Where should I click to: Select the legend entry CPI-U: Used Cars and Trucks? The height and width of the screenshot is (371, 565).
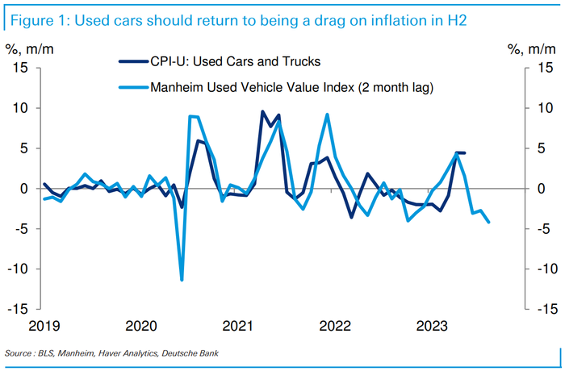pyautogui.click(x=226, y=59)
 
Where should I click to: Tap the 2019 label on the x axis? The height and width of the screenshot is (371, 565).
pyautogui.click(x=46, y=326)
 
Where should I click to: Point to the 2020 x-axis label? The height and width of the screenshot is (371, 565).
pyautogui.click(x=142, y=326)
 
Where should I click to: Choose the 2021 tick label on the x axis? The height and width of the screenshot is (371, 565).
pyautogui.click(x=239, y=326)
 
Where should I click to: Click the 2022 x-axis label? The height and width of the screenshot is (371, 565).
pyautogui.click(x=335, y=326)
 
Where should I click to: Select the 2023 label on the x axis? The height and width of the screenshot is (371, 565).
pyautogui.click(x=432, y=326)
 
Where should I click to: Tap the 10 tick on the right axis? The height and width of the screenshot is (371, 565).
pyautogui.click(x=544, y=108)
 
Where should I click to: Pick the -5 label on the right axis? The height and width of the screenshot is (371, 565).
pyautogui.click(x=542, y=228)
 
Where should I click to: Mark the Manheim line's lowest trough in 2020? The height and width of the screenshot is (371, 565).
pyautogui.click(x=182, y=280)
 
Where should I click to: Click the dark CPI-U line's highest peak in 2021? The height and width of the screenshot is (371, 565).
pyautogui.click(x=263, y=111)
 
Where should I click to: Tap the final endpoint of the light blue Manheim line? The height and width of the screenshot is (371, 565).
pyautogui.click(x=488, y=223)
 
